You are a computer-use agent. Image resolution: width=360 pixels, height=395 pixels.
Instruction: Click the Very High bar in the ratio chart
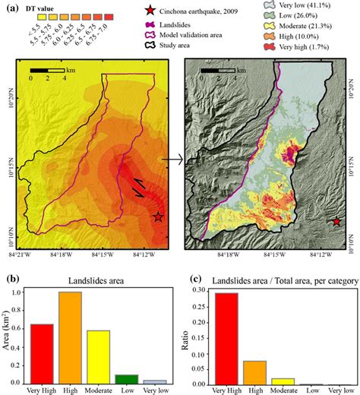coord(227,337)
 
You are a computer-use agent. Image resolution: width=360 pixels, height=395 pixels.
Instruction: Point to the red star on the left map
coord(158,217)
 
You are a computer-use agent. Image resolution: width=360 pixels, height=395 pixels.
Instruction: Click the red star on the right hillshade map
coord(336,222)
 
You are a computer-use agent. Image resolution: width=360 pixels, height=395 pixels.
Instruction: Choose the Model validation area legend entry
coord(201,34)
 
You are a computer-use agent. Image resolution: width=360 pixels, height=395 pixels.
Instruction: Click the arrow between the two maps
coord(174,160)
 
